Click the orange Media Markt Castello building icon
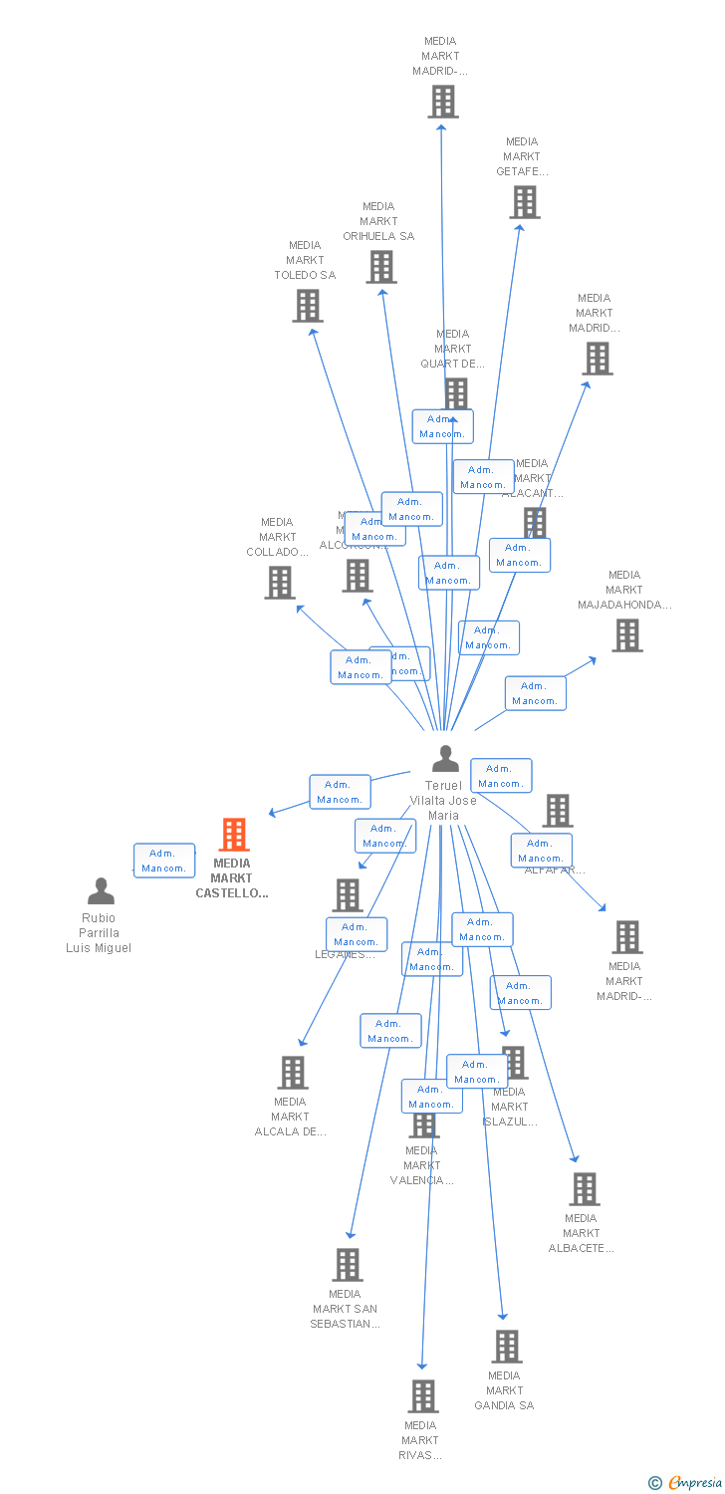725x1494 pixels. click(x=233, y=835)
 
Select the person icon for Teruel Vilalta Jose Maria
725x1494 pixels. click(x=445, y=759)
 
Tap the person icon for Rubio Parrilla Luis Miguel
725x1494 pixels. click(x=101, y=890)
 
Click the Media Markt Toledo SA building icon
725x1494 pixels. click(x=308, y=306)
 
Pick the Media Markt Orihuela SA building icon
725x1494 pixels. click(x=381, y=267)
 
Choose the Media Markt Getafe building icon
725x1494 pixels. click(x=524, y=202)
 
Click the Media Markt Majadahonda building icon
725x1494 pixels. click(x=626, y=635)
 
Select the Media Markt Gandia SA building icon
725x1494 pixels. click(x=506, y=1347)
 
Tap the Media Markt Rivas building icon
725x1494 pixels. click(x=423, y=1396)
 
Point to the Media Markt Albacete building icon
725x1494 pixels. click(x=584, y=1189)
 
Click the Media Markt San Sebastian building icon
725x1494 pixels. click(x=347, y=1265)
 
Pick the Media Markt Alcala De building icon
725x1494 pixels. click(x=293, y=1073)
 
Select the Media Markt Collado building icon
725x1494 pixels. click(x=280, y=583)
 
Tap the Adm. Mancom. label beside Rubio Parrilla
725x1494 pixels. click(x=163, y=861)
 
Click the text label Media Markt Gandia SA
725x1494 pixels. click(x=504, y=1390)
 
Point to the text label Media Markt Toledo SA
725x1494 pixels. click(x=305, y=260)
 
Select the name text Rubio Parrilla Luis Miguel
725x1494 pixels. click(x=99, y=933)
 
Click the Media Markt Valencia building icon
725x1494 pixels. click(x=424, y=1124)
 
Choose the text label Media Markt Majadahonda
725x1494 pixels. click(x=624, y=590)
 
